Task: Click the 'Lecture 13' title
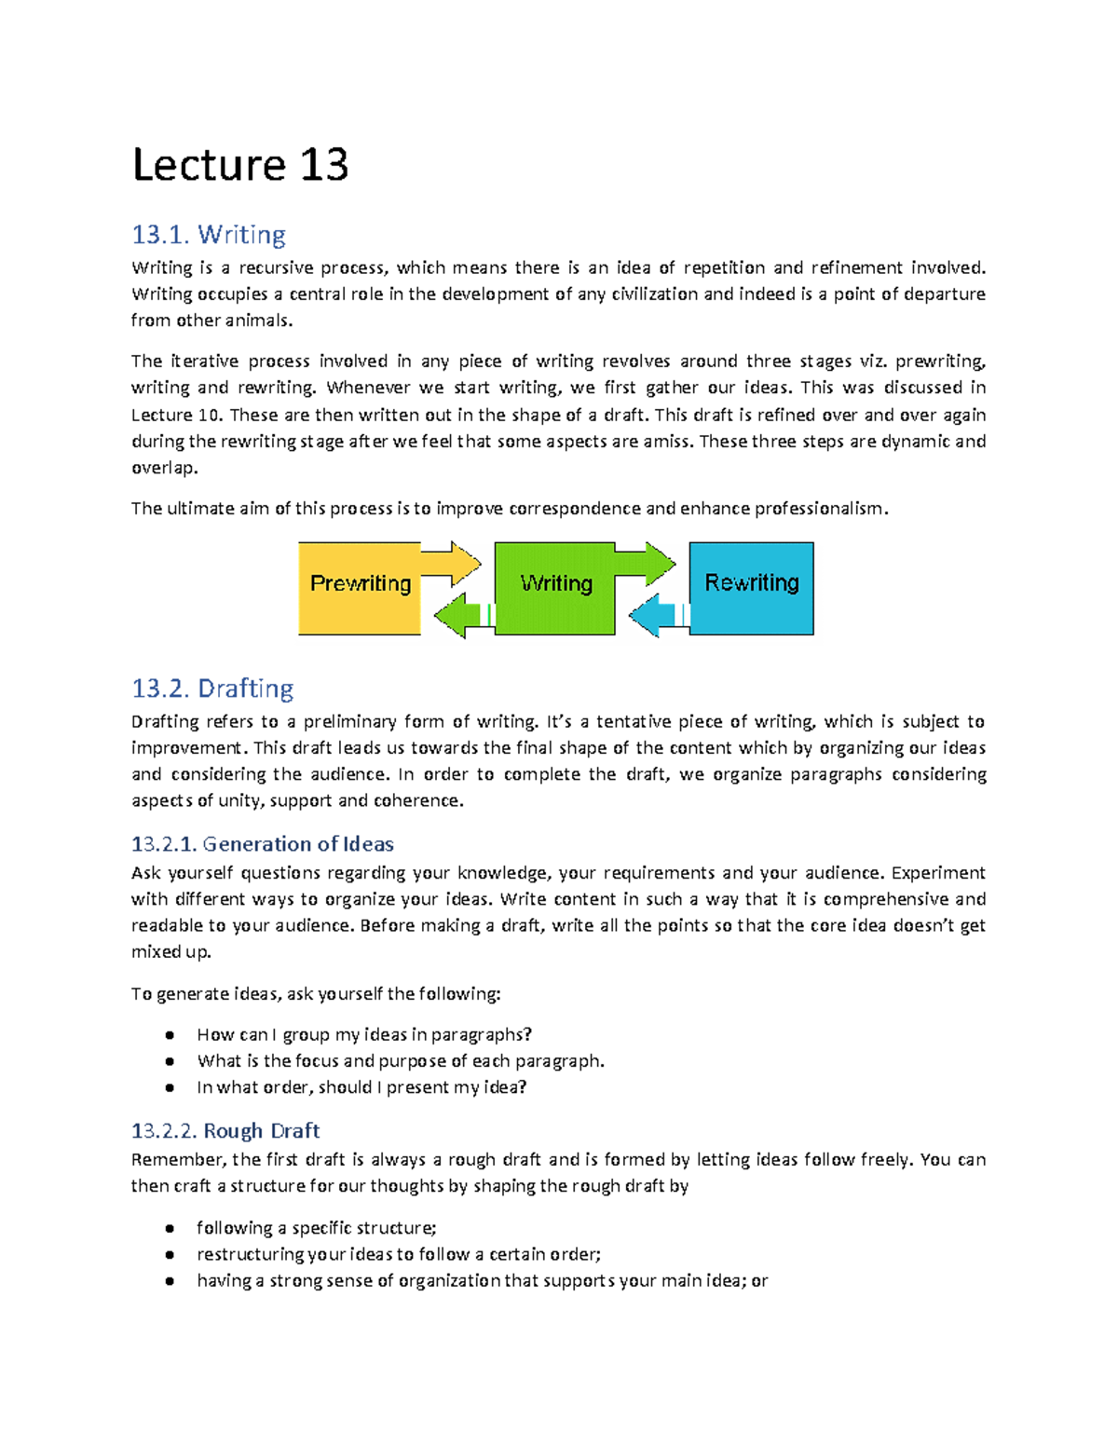[x=240, y=165]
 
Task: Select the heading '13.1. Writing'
[x=209, y=234]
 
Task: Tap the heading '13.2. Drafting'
[x=212, y=688]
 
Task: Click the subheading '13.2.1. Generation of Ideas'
[x=262, y=843]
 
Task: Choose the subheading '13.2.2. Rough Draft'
[x=225, y=1130]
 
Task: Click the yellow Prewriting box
[x=360, y=588]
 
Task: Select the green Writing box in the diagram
[x=555, y=588]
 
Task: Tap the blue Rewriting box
[x=751, y=588]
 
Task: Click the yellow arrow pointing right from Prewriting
[x=452, y=563]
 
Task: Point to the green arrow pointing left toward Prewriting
[x=457, y=615]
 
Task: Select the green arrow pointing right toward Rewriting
[x=646, y=563]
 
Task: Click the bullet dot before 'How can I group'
[x=170, y=1035]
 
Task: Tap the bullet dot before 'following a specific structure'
[x=170, y=1229]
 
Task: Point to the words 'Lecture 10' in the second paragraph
[x=175, y=416]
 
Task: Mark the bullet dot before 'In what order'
[x=170, y=1087]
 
